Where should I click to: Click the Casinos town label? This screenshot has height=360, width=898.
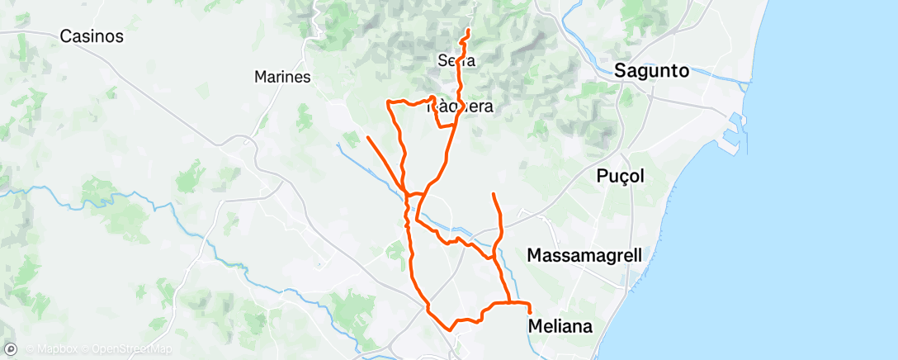coord(92,36)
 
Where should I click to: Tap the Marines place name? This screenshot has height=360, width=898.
coord(282,78)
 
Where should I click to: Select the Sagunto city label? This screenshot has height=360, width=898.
coord(651,72)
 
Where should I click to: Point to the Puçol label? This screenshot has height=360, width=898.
coord(620,176)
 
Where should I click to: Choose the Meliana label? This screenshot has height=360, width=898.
coord(560,326)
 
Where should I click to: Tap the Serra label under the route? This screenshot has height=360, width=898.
coord(457,60)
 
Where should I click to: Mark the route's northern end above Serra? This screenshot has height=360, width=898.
coord(469,31)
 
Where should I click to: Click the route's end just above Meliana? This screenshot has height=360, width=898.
coord(529,311)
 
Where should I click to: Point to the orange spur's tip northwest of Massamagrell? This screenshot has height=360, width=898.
coord(493,193)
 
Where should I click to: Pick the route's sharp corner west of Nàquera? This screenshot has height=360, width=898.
coord(387,101)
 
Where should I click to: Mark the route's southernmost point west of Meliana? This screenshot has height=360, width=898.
coord(450,329)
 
